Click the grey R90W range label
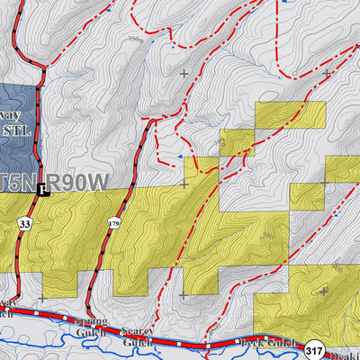[x=76, y=183]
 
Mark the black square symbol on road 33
[x=40, y=191]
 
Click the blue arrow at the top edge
[x=286, y=3]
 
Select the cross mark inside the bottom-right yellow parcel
[x=323, y=292]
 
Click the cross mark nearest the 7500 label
[x=184, y=73]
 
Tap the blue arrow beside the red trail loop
[x=179, y=157]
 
